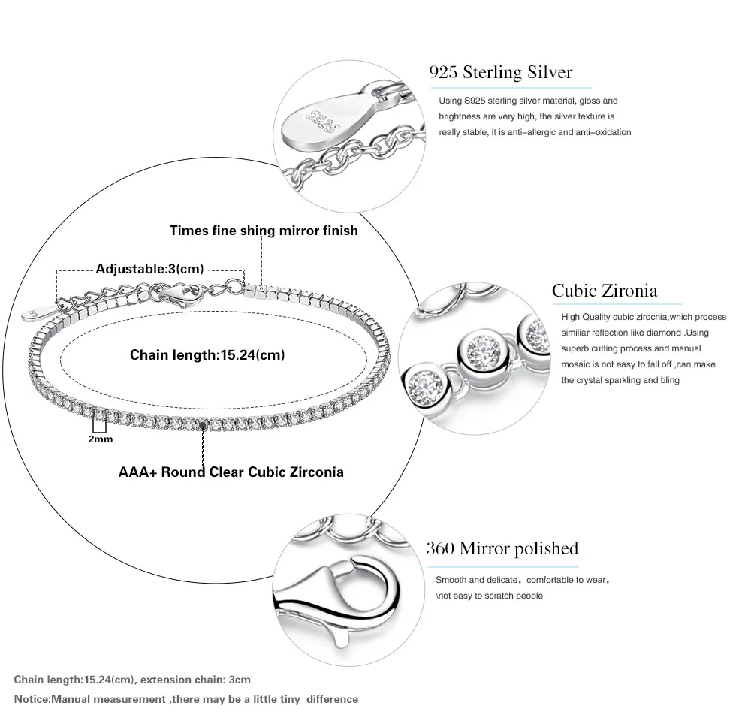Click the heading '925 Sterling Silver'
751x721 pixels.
[500, 72]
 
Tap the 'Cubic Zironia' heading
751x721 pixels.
[604, 291]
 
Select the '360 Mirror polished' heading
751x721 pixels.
[502, 548]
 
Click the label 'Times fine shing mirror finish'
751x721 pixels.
[264, 231]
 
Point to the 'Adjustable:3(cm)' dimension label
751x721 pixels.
[150, 269]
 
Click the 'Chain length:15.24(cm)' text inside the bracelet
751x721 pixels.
[207, 354]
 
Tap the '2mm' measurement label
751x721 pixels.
[101, 439]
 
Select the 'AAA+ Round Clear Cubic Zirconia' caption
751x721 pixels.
[231, 472]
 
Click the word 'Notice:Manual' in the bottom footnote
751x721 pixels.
[50, 699]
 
